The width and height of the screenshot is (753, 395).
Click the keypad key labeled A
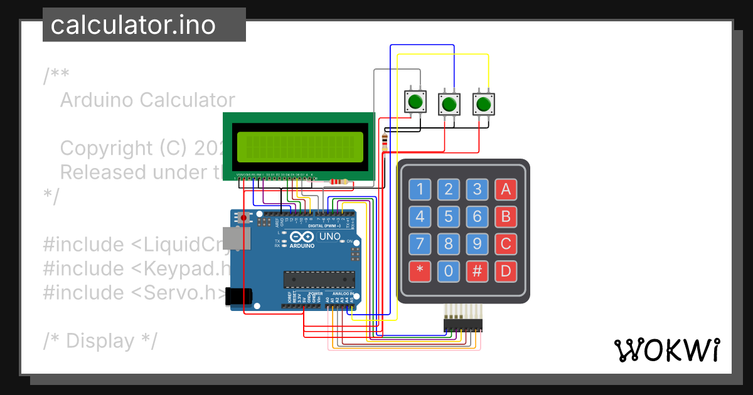pos(506,188)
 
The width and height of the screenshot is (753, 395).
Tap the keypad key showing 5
pos(448,217)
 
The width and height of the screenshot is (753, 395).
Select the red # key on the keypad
pos(477,271)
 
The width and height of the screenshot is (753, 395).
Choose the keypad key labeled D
pos(506,271)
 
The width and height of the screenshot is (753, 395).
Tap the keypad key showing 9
pos(477,244)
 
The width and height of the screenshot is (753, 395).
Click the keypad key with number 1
pos(420,188)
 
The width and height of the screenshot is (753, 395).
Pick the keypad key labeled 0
pos(448,271)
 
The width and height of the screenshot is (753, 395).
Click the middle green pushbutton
pos(448,103)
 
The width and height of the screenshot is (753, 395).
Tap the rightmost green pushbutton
pos(483,103)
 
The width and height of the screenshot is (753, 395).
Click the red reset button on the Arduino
pos(244,218)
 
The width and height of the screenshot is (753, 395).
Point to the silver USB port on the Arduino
pos(238,240)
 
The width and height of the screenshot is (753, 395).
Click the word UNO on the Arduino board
pos(330,237)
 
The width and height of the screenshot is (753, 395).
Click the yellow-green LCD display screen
pos(298,145)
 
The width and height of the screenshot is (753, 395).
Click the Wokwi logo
pos(666,350)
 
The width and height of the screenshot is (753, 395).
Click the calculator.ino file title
pos(133,25)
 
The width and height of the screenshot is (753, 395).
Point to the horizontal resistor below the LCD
pos(338,182)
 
